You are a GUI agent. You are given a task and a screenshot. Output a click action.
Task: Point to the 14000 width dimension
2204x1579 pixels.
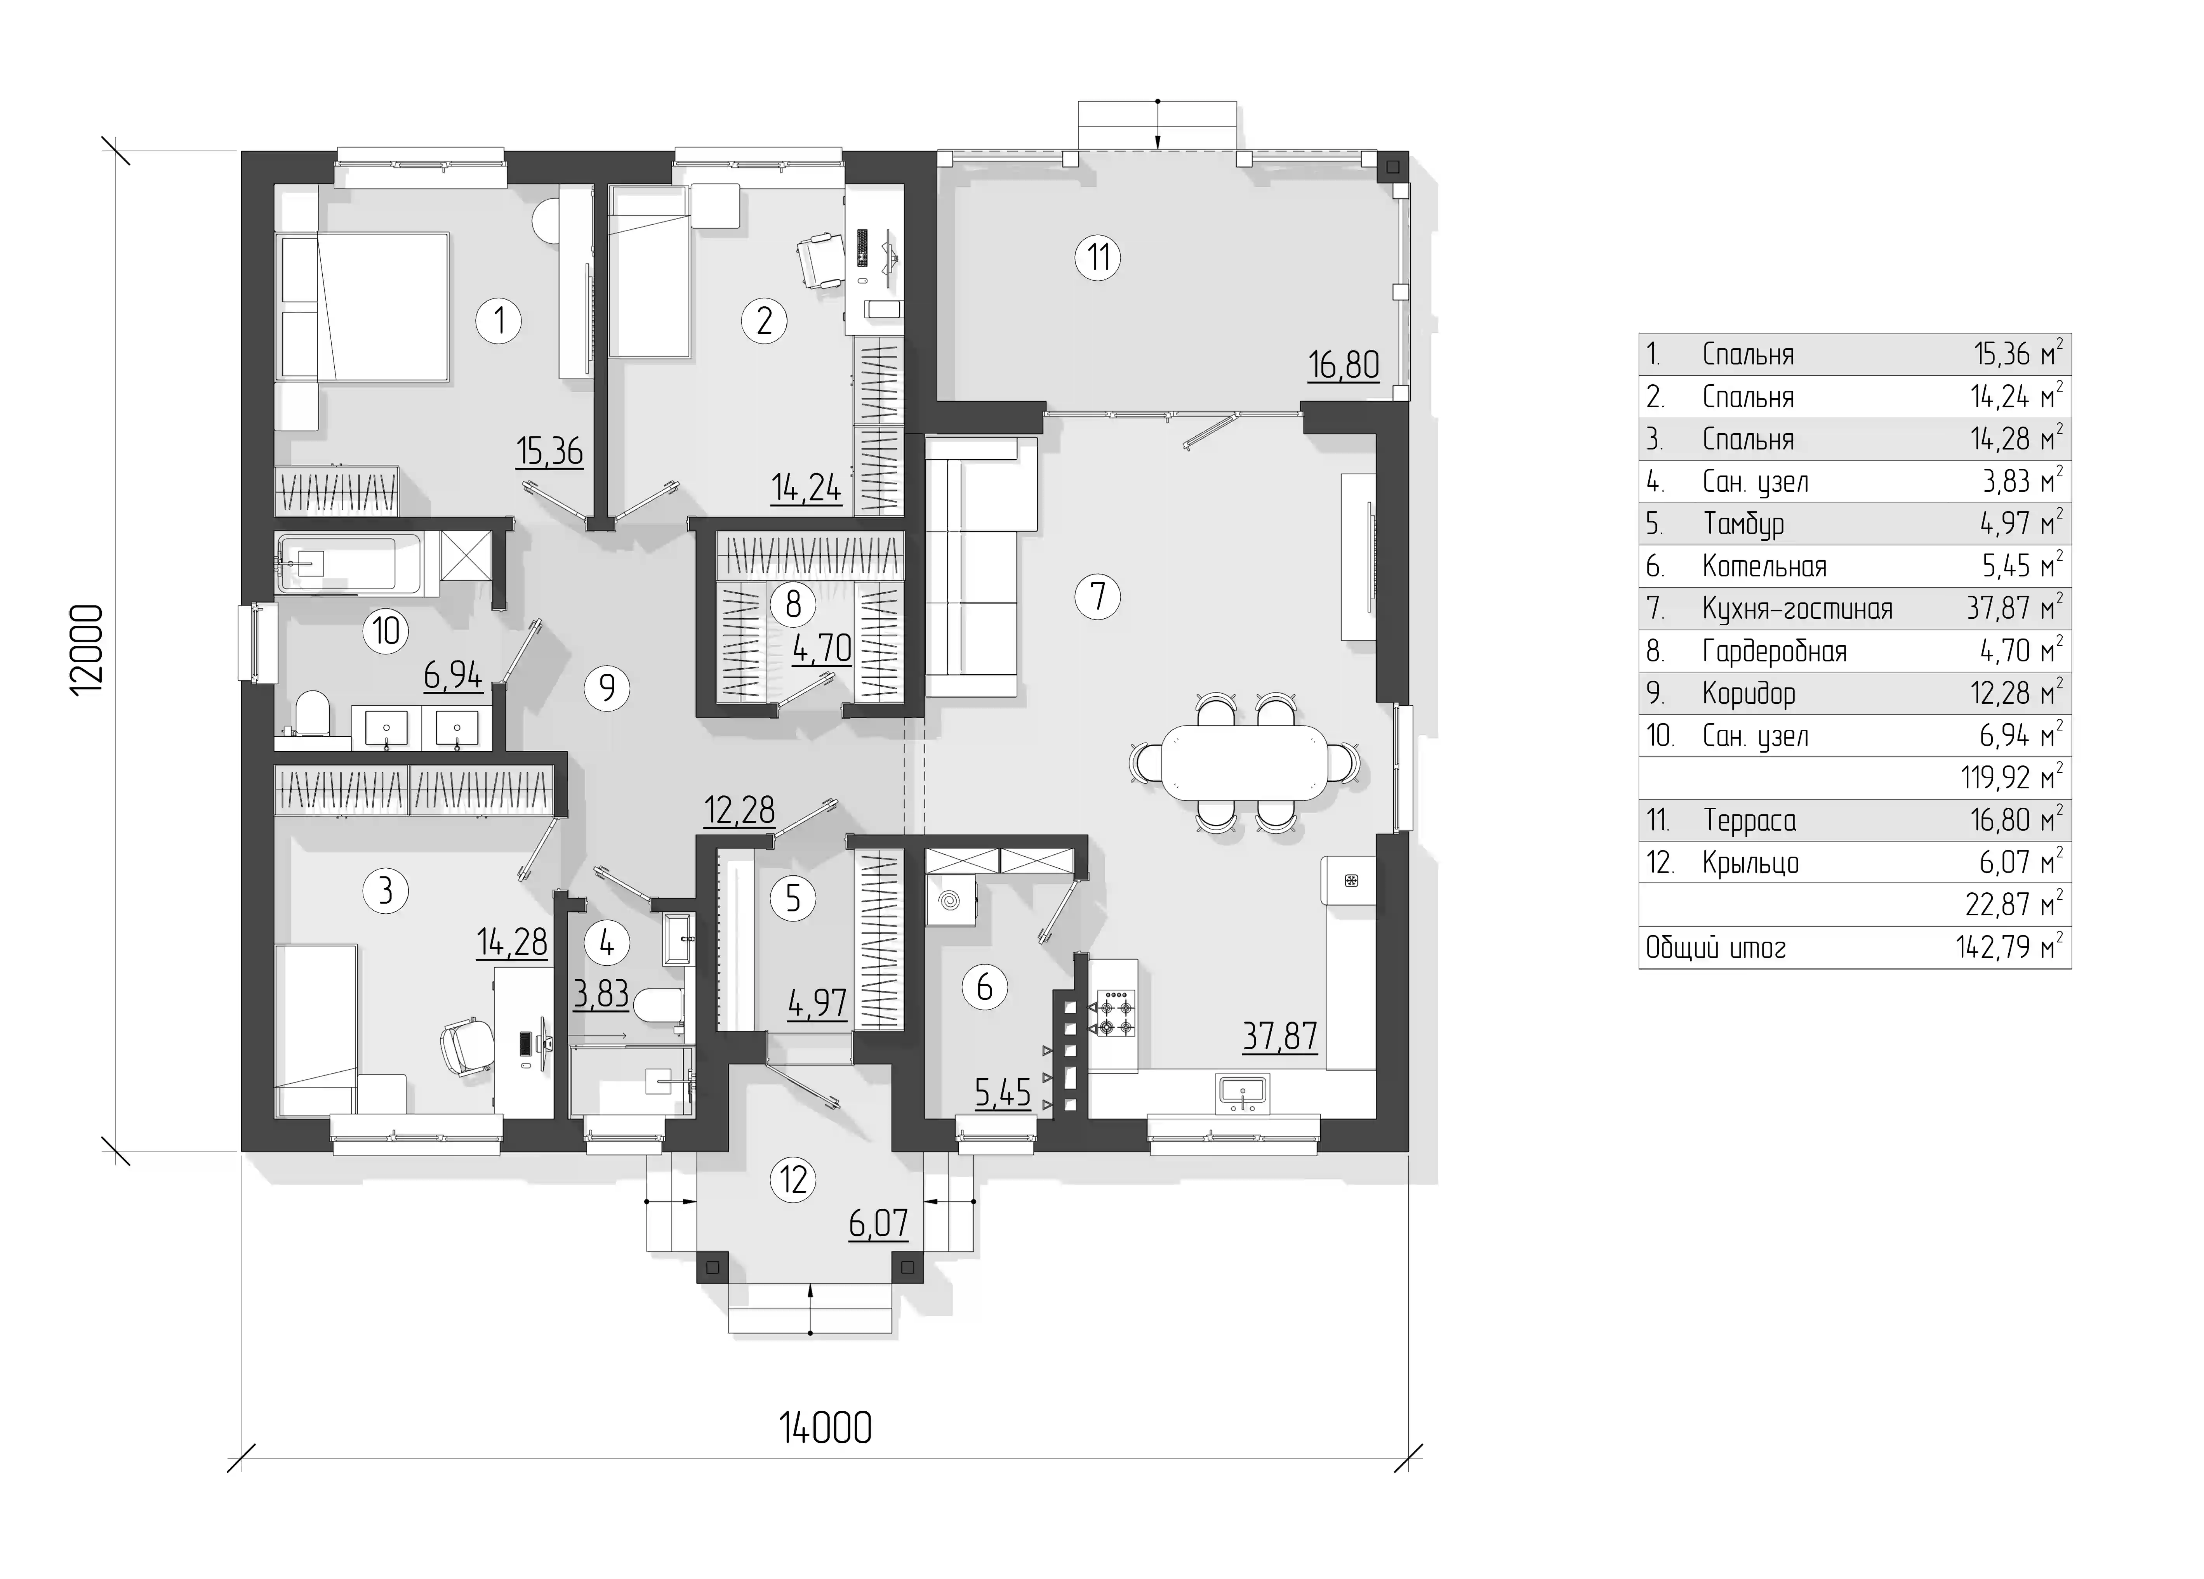coord(825,1428)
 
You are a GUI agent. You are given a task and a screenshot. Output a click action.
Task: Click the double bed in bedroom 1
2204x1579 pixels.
coord(364,306)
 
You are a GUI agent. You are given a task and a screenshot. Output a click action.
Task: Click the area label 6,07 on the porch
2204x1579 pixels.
coord(878,1223)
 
